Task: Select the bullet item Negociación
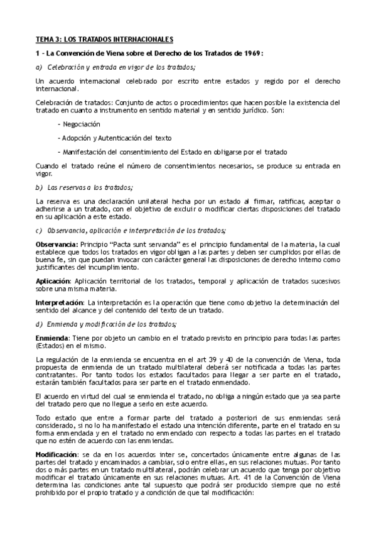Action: coord(80,124)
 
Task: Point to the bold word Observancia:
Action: coord(57,243)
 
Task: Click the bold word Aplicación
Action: coord(53,282)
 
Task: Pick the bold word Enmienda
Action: coord(52,338)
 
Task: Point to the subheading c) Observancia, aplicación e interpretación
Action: coord(131,229)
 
